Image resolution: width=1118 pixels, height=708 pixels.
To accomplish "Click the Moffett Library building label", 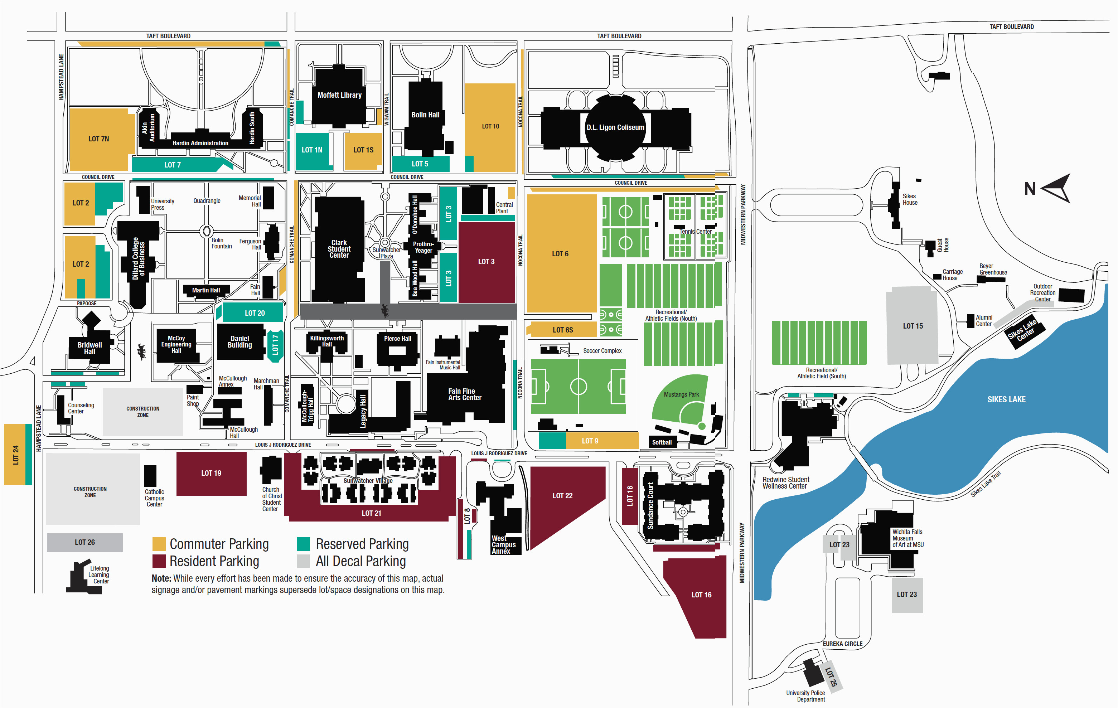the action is coord(339,95).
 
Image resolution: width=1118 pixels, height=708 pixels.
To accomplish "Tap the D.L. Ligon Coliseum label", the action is coord(615,127).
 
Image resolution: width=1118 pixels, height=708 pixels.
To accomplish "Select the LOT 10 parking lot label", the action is coord(490,126).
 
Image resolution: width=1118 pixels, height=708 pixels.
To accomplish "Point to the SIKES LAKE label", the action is coord(1006,399).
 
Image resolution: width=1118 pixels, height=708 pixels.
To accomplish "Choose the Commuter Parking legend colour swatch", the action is coord(159,544).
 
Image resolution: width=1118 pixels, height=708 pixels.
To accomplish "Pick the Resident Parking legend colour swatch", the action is coord(159,561).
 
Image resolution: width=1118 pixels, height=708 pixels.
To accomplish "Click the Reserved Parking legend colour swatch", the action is coord(303,544).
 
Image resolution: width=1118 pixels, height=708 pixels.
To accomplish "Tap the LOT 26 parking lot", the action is coord(84,542).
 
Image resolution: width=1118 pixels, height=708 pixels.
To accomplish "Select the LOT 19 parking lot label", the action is coord(211,473).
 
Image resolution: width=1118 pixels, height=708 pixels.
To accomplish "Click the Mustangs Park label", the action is coord(681,394).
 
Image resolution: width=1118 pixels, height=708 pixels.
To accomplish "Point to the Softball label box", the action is coord(662,442).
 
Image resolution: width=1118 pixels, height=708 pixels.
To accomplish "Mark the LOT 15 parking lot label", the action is coord(913,326).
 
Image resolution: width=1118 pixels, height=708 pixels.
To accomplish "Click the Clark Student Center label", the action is coord(339,249).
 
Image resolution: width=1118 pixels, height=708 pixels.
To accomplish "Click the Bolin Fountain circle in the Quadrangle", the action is coord(207,231).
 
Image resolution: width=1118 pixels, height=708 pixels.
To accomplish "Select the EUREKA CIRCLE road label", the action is coord(842,644).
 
